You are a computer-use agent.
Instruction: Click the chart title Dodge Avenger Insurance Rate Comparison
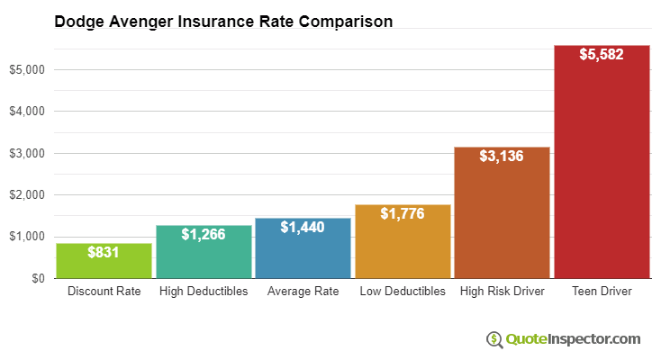[x=223, y=22]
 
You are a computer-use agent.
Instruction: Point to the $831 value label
[x=104, y=253]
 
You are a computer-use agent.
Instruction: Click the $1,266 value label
[x=204, y=234]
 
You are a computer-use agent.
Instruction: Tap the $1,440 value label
[x=303, y=227]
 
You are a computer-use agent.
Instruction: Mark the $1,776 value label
[x=403, y=213]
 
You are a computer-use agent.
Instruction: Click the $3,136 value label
[x=502, y=156]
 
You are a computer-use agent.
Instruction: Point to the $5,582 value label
[x=602, y=54]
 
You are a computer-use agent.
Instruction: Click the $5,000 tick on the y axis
[x=27, y=69]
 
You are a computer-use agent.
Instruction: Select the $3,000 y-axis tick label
[x=27, y=153]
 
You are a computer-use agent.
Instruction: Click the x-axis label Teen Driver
[x=602, y=292]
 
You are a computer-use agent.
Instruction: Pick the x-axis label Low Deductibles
[x=403, y=292]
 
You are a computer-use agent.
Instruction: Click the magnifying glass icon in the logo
[x=494, y=339]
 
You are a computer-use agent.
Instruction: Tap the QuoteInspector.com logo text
[x=573, y=339]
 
